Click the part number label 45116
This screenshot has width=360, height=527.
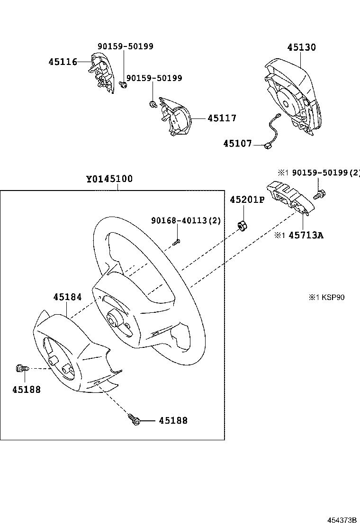(63, 62)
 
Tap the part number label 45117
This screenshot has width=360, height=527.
(222, 118)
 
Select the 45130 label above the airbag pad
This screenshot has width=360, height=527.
(301, 47)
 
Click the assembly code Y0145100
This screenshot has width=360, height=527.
(109, 179)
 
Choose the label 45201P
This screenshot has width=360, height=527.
(247, 200)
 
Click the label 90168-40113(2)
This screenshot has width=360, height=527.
(186, 220)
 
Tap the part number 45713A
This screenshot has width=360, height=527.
(306, 235)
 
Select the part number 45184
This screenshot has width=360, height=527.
(67, 297)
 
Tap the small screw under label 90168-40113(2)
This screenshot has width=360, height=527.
(176, 242)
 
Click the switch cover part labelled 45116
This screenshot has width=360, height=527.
(101, 73)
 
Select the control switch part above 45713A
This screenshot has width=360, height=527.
(287, 200)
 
